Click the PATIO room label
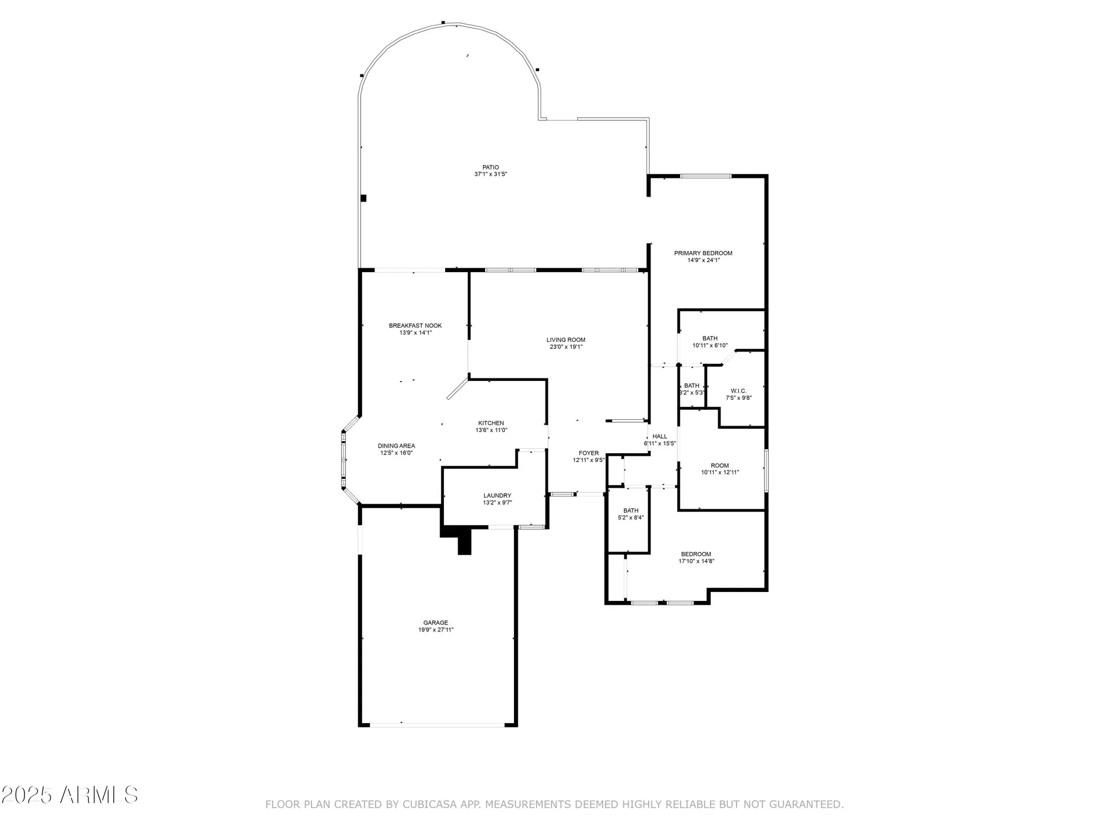click(x=491, y=167)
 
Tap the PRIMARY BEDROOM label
click(x=703, y=253)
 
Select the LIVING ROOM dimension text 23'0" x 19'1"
click(x=566, y=347)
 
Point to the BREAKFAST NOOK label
click(x=415, y=326)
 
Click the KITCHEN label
click(x=491, y=423)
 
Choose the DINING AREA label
click(x=396, y=446)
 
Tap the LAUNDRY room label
click(x=497, y=496)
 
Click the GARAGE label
click(x=436, y=623)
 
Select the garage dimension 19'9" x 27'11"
click(x=436, y=630)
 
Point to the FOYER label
click(x=589, y=453)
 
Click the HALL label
click(x=660, y=436)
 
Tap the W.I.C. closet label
click(x=739, y=391)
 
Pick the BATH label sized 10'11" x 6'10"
click(x=710, y=338)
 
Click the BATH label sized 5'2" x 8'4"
click(x=631, y=510)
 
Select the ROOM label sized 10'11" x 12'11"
click(x=720, y=465)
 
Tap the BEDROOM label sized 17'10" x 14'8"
click(x=696, y=554)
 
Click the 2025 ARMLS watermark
click(x=69, y=795)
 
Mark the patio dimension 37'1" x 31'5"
click(x=491, y=174)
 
